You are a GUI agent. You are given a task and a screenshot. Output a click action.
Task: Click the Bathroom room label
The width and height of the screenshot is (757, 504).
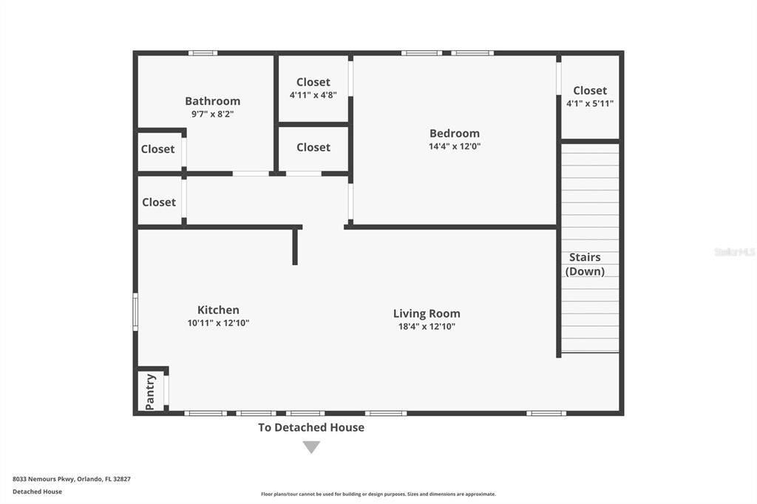[212, 101]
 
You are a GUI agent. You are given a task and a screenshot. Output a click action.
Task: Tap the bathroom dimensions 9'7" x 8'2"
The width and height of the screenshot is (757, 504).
[212, 114]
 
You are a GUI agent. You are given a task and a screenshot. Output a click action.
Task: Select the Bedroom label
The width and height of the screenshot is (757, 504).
[455, 133]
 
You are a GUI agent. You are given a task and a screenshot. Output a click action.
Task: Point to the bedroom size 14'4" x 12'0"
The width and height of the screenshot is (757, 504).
[455, 146]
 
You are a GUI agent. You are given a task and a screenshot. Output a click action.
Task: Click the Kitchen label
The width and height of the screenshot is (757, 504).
[218, 310]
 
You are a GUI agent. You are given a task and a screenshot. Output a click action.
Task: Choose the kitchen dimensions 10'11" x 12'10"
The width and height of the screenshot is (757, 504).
[218, 323]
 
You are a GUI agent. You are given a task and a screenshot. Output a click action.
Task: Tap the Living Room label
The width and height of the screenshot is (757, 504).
[427, 314]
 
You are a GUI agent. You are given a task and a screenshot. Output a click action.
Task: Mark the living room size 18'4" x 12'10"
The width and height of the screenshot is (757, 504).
[427, 327]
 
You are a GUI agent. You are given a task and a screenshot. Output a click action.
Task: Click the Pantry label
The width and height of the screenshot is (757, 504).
[150, 392]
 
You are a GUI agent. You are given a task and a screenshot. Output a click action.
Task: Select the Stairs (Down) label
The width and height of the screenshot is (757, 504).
[585, 264]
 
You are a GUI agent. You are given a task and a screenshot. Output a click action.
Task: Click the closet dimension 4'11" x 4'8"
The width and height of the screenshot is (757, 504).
[313, 95]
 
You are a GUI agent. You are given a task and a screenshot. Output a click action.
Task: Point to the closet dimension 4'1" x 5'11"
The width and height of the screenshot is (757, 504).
[589, 103]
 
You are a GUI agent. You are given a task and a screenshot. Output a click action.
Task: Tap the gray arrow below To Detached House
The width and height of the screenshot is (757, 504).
[311, 447]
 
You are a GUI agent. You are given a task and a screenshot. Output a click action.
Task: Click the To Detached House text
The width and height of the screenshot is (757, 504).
[311, 427]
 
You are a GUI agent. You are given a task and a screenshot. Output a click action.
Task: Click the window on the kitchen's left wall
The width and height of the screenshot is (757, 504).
[136, 312]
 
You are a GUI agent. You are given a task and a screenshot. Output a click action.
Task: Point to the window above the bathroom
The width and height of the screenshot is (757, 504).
[203, 53]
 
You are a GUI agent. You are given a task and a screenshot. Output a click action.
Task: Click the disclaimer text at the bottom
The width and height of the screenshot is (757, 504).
[378, 494]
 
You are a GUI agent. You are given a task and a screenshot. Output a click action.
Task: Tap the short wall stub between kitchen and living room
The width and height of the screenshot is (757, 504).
[295, 246]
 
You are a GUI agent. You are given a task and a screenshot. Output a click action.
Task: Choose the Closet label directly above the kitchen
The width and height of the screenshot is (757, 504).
[159, 202]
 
